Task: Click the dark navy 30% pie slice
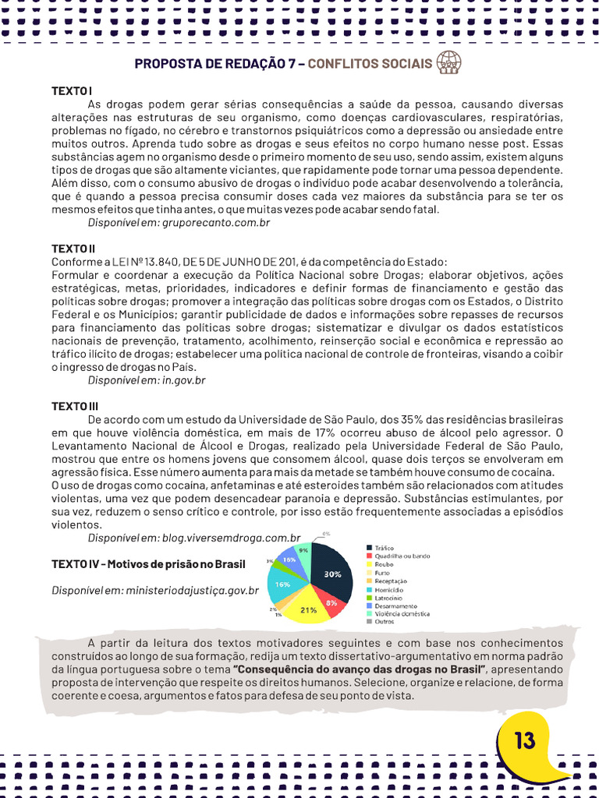coord(331,572)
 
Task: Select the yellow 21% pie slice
coord(308,609)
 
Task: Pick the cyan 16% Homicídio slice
coord(282,584)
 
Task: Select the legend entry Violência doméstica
coord(402,613)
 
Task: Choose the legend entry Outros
coord(384,621)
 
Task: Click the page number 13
coord(525,740)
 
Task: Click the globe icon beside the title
coord(449,62)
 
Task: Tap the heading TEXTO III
coord(75,406)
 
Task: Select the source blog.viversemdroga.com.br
coord(231,538)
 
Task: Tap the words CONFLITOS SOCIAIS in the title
coord(370,63)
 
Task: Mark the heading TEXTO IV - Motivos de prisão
coord(148,563)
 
